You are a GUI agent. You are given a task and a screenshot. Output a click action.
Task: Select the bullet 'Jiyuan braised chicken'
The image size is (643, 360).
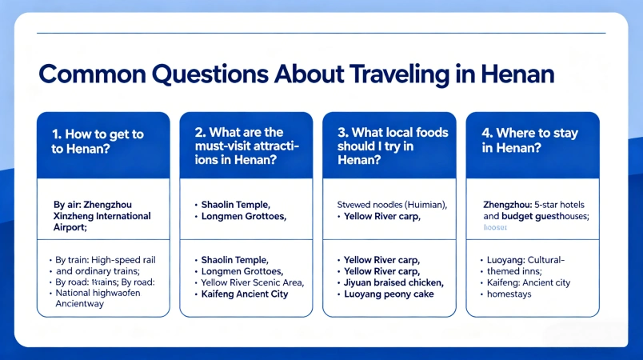click(x=393, y=282)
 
